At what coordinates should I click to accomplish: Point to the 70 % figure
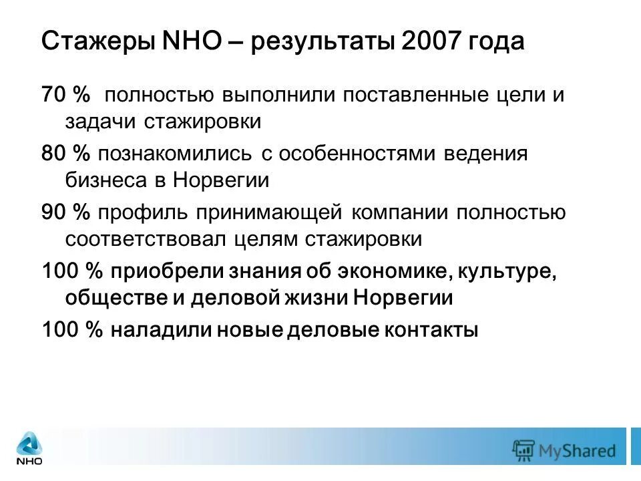[65, 95]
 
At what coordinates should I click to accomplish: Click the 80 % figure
[65, 154]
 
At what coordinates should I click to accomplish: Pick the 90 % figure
[65, 212]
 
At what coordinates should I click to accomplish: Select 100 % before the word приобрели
[71, 271]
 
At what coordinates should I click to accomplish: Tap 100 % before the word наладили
[71, 330]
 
